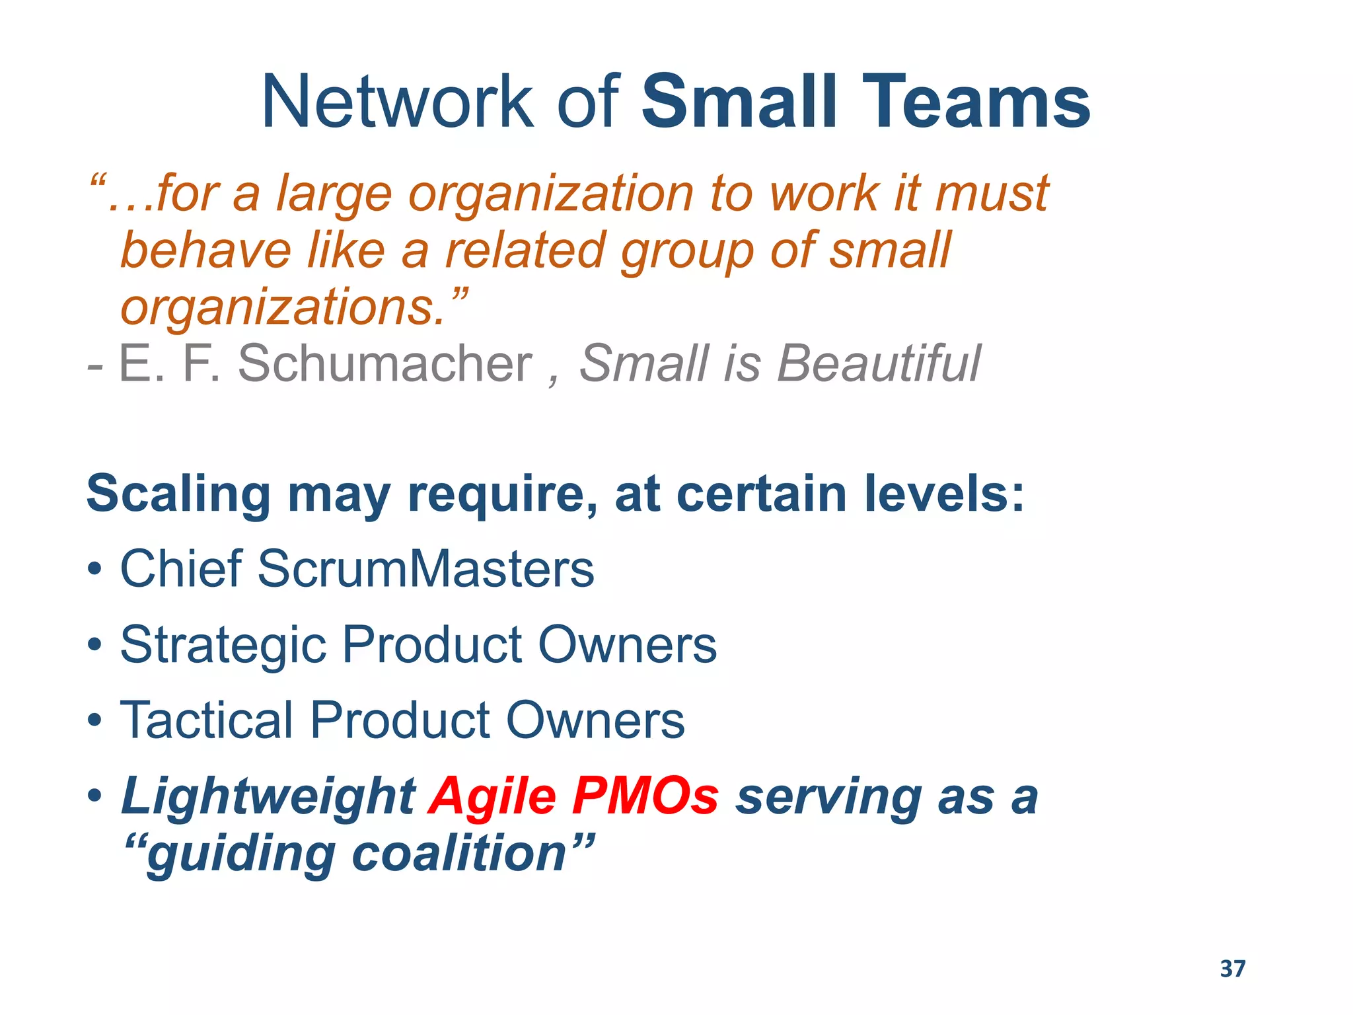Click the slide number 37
coord(1233,969)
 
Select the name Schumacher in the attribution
coord(384,363)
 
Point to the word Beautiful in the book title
coord(879,363)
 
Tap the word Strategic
coord(223,645)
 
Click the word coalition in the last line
coord(460,854)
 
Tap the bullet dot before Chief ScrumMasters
coord(94,569)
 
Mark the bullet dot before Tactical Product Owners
coord(94,720)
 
